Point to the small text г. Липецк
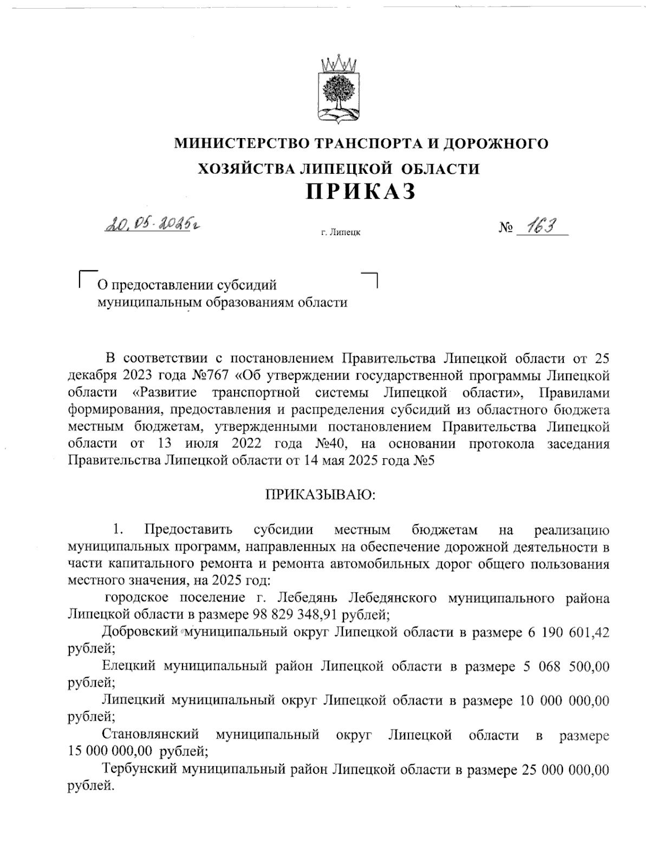click(340, 233)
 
